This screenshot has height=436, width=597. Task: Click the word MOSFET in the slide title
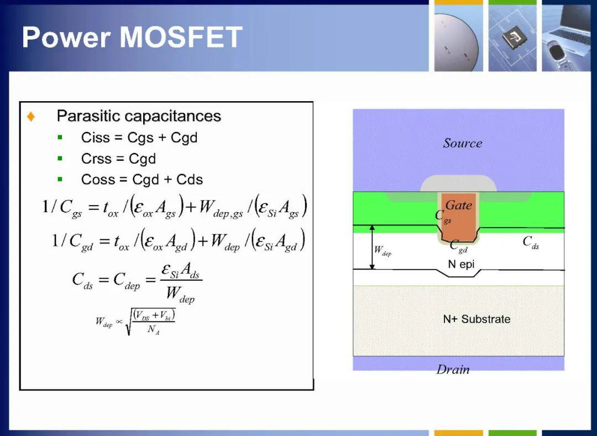(x=181, y=37)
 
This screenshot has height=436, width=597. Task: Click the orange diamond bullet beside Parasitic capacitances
(x=31, y=117)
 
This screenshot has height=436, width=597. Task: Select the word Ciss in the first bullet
(x=95, y=138)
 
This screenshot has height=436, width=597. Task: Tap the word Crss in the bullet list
(x=96, y=159)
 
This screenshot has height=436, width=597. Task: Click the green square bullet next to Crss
(x=60, y=158)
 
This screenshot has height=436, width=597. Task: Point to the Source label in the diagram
(x=462, y=143)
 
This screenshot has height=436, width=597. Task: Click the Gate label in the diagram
(x=458, y=205)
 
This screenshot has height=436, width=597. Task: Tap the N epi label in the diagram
(x=461, y=264)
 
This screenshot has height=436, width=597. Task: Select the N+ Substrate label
(x=476, y=319)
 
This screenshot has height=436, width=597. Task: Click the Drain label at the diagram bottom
(x=453, y=369)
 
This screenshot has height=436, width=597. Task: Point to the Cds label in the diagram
(x=531, y=242)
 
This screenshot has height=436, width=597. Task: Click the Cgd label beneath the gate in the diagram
(x=458, y=246)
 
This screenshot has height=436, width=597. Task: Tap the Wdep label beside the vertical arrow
(x=383, y=251)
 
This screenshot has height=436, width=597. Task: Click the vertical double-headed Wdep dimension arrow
(x=373, y=247)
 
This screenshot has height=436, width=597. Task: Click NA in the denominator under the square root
(x=153, y=329)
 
